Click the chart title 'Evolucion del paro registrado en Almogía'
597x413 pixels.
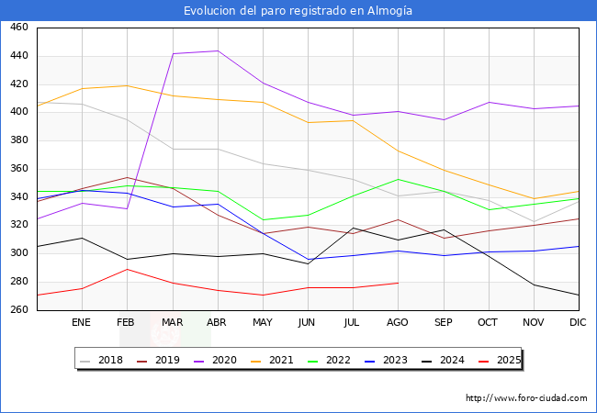click(x=298, y=11)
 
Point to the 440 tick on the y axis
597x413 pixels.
click(x=18, y=56)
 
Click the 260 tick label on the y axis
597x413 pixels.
click(x=18, y=310)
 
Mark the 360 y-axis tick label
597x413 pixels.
click(x=18, y=169)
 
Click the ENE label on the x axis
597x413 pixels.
click(x=82, y=323)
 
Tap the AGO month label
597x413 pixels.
click(x=397, y=323)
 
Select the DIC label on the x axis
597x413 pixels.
click(x=578, y=323)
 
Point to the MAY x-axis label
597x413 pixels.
click(x=262, y=323)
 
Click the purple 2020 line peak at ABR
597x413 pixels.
click(x=217, y=51)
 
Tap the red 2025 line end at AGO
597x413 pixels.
click(x=397, y=283)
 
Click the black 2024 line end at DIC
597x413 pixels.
click(x=578, y=296)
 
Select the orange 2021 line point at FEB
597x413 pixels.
click(x=127, y=86)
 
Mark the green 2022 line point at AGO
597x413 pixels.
click(x=397, y=179)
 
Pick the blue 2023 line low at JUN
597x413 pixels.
click(x=307, y=259)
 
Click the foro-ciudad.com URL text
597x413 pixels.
click(x=526, y=398)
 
